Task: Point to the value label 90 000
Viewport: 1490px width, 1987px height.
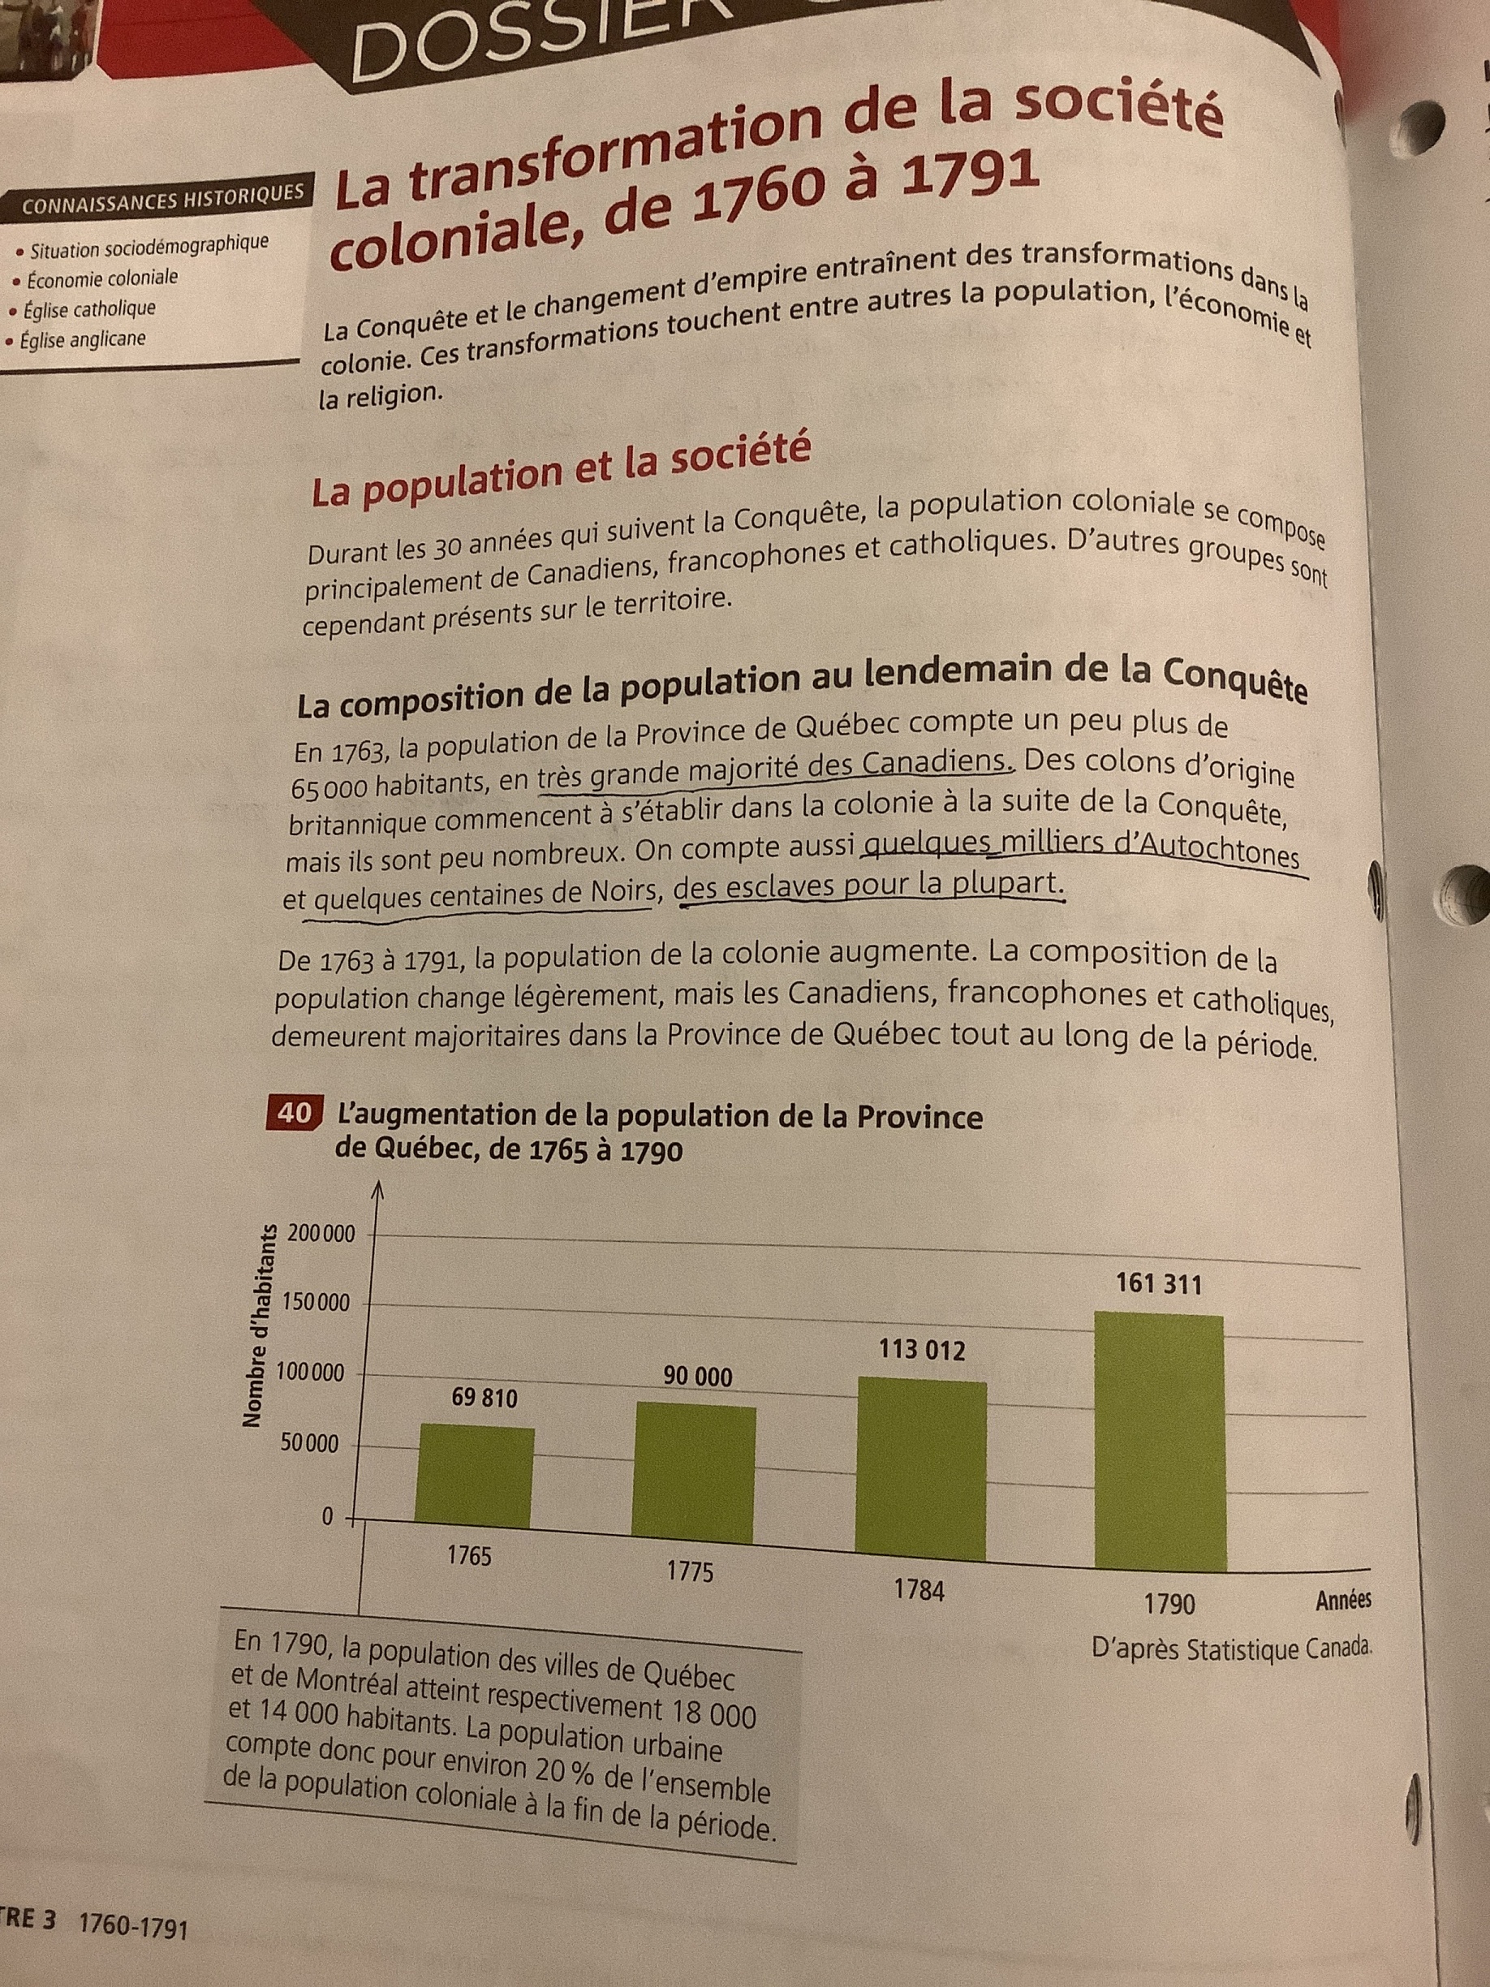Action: pyautogui.click(x=698, y=1376)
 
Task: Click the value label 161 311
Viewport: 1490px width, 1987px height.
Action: pyautogui.click(x=1159, y=1286)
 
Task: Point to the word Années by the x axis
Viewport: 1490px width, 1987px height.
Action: pyautogui.click(x=1344, y=1601)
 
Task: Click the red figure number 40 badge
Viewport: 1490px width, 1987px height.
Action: pyautogui.click(x=293, y=1114)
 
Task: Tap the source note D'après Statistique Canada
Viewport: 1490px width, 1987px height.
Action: pyautogui.click(x=1232, y=1649)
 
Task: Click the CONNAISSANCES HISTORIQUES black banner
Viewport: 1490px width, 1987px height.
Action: pyautogui.click(x=161, y=200)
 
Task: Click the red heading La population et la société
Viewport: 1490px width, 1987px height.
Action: pyautogui.click(x=559, y=472)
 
